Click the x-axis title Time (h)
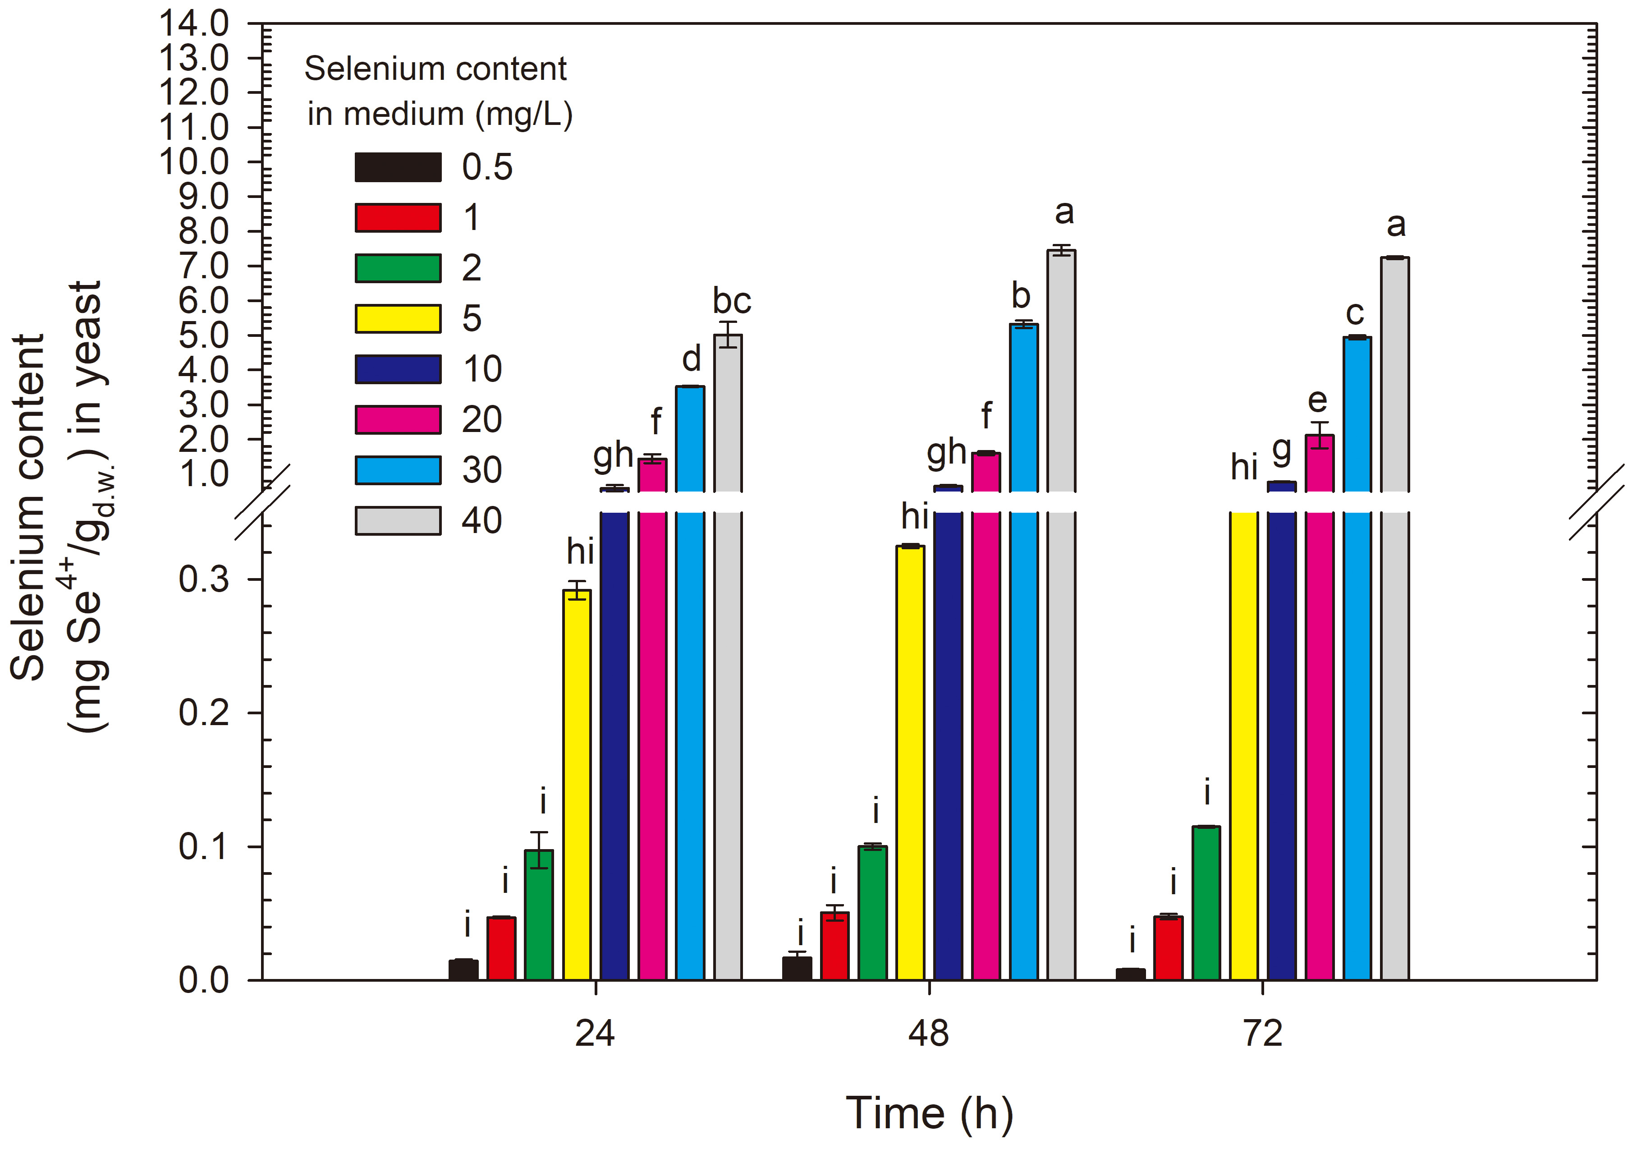(x=929, y=1113)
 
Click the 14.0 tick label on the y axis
(x=193, y=24)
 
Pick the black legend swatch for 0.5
(x=398, y=167)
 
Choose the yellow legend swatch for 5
(x=398, y=318)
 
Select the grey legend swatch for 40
(x=398, y=520)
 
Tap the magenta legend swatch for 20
(x=398, y=419)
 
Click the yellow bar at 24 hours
(x=577, y=782)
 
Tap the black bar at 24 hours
(x=463, y=970)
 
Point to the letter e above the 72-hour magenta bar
(x=1318, y=401)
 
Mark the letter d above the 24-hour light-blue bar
(x=691, y=359)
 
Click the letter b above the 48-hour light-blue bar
(x=1021, y=296)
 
